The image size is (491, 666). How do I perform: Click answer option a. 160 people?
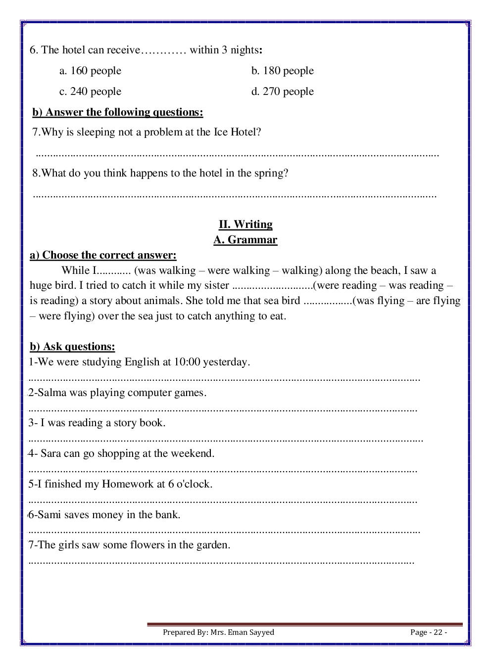pyautogui.click(x=90, y=71)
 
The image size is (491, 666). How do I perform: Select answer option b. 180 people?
pyautogui.click(x=282, y=71)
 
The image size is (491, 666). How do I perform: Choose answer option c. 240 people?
pyautogui.click(x=90, y=91)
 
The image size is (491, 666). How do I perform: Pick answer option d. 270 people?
pyautogui.click(x=282, y=91)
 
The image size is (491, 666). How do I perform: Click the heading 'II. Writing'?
pyautogui.click(x=245, y=224)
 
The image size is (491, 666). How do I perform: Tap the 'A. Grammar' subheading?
pyautogui.click(x=245, y=240)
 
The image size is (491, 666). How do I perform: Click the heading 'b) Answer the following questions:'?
pyautogui.click(x=118, y=112)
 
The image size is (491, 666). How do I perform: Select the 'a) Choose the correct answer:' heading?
pyautogui.click(x=103, y=255)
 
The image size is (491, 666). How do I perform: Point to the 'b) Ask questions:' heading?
pyautogui.click(x=72, y=347)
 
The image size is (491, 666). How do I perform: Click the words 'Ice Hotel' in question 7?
pyautogui.click(x=235, y=132)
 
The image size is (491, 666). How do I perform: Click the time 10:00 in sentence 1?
pyautogui.click(x=187, y=362)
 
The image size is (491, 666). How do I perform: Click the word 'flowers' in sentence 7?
pyautogui.click(x=147, y=545)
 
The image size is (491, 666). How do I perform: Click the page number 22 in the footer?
pyautogui.click(x=438, y=632)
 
